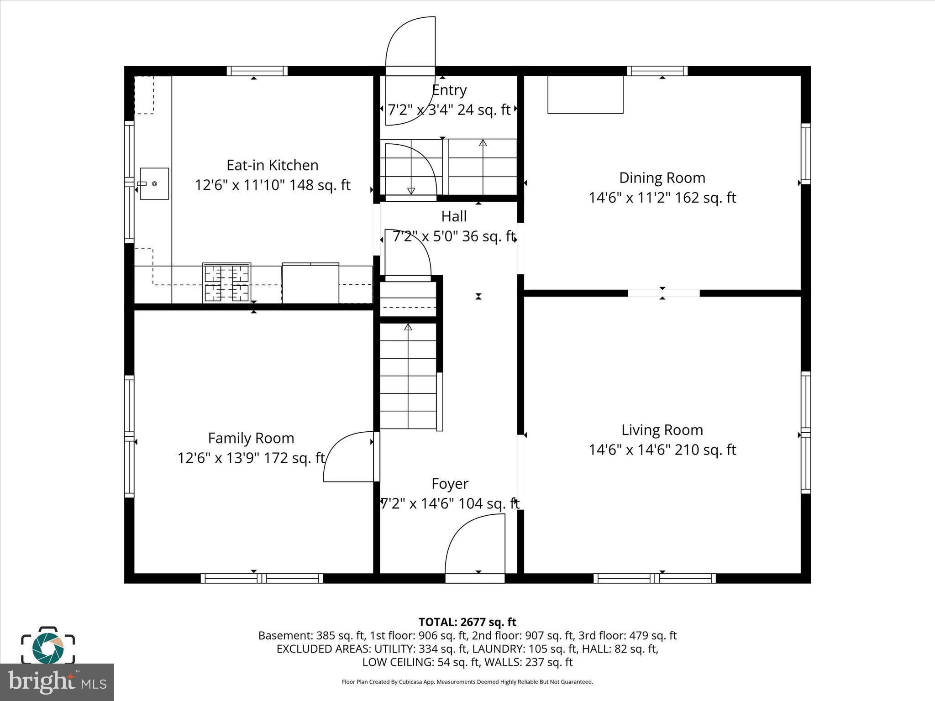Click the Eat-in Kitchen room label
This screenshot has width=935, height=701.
[273, 165]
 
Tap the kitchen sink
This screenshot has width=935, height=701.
[154, 183]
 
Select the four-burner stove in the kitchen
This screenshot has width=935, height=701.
[226, 283]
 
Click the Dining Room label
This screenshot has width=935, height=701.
[662, 178]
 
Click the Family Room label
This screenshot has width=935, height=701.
[251, 438]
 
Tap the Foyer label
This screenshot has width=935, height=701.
[450, 484]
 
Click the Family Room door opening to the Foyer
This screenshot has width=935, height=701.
[349, 456]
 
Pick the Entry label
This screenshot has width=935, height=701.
[449, 90]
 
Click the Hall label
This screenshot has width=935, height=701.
[453, 216]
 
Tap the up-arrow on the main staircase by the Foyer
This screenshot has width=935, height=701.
[408, 327]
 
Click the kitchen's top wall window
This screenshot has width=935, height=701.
[257, 71]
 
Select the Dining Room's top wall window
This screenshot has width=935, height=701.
[657, 71]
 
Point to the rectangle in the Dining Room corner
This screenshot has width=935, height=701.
[585, 94]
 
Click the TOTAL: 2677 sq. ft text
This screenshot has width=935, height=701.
[467, 622]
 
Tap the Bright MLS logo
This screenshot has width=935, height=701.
[57, 682]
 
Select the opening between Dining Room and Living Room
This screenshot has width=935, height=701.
[663, 293]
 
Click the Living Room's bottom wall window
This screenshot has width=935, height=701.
[654, 578]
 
